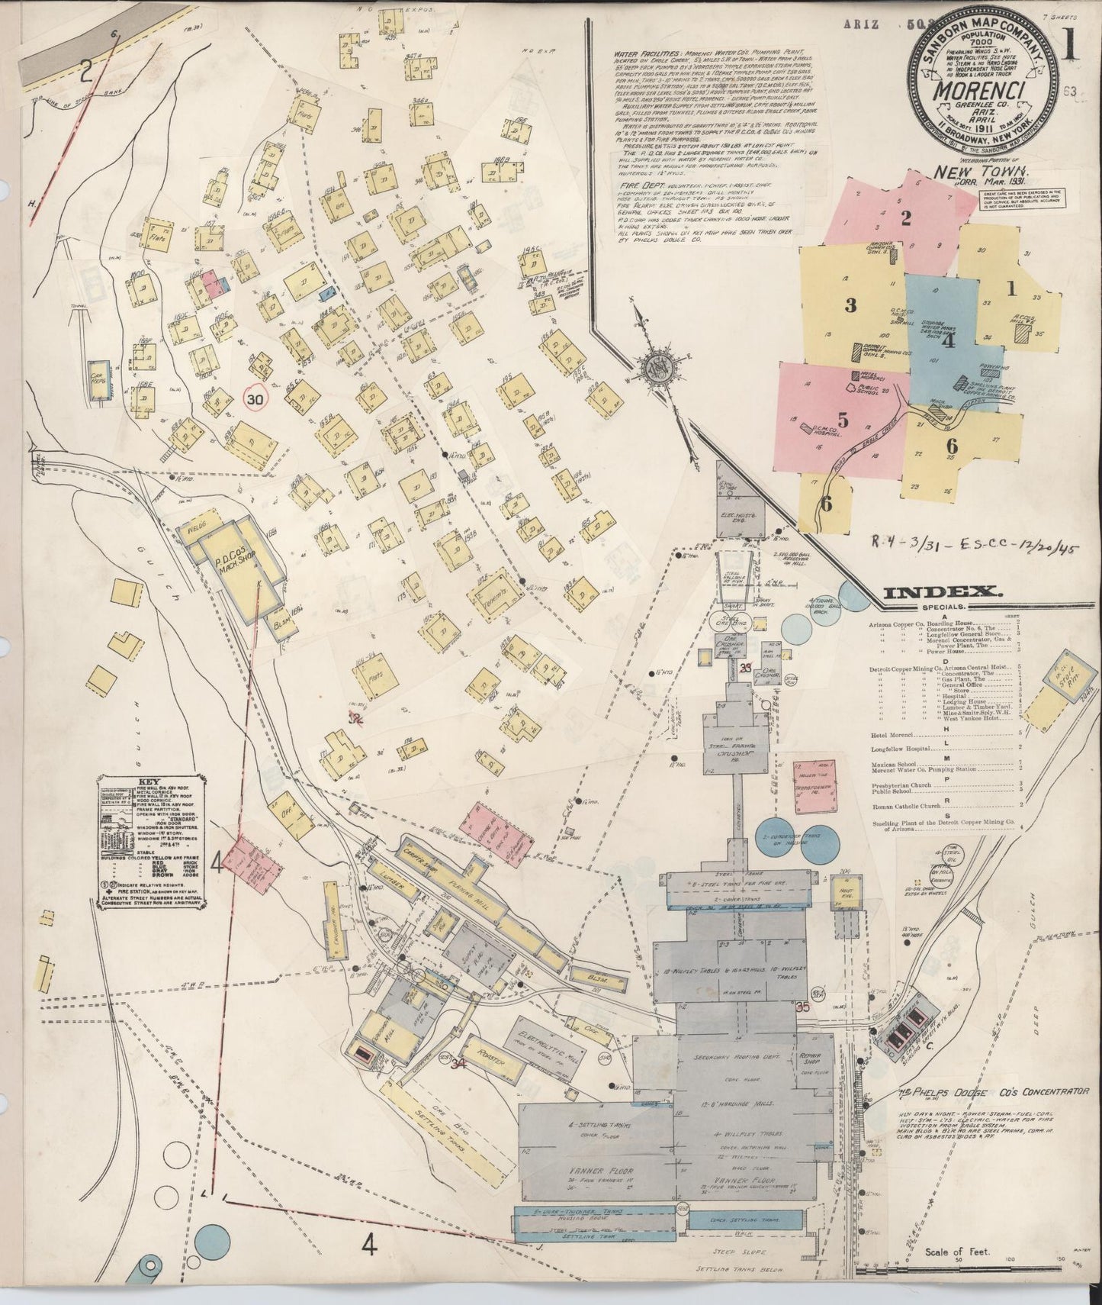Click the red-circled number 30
(x=255, y=398)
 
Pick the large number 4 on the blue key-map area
(x=948, y=340)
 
